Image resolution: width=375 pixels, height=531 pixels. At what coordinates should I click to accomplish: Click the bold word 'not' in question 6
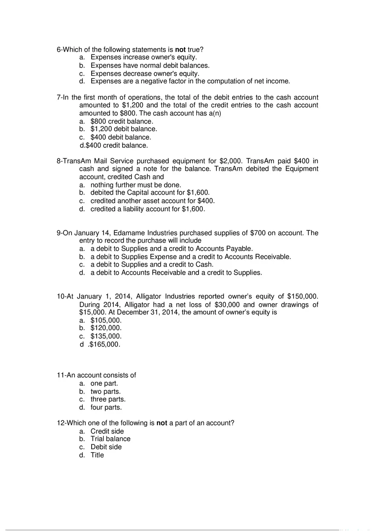tap(180, 49)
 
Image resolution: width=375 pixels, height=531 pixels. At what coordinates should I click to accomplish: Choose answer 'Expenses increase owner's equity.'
tap(144, 57)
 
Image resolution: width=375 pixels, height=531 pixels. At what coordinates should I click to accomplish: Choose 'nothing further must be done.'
tap(136, 185)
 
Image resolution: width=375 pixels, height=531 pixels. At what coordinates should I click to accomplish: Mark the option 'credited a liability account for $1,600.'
tap(147, 209)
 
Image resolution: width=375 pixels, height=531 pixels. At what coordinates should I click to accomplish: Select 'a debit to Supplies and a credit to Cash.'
tap(152, 264)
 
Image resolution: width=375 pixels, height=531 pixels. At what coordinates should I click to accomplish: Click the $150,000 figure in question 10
tap(303, 296)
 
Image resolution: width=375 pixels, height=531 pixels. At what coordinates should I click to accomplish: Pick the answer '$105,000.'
tap(106, 320)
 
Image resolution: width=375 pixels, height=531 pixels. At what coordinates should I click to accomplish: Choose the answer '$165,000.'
tap(104, 344)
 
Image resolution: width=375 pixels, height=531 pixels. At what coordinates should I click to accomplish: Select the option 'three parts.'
tap(108, 399)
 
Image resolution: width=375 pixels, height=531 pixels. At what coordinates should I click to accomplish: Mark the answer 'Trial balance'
tap(110, 439)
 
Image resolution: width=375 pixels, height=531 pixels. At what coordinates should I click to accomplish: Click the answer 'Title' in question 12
tap(97, 455)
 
